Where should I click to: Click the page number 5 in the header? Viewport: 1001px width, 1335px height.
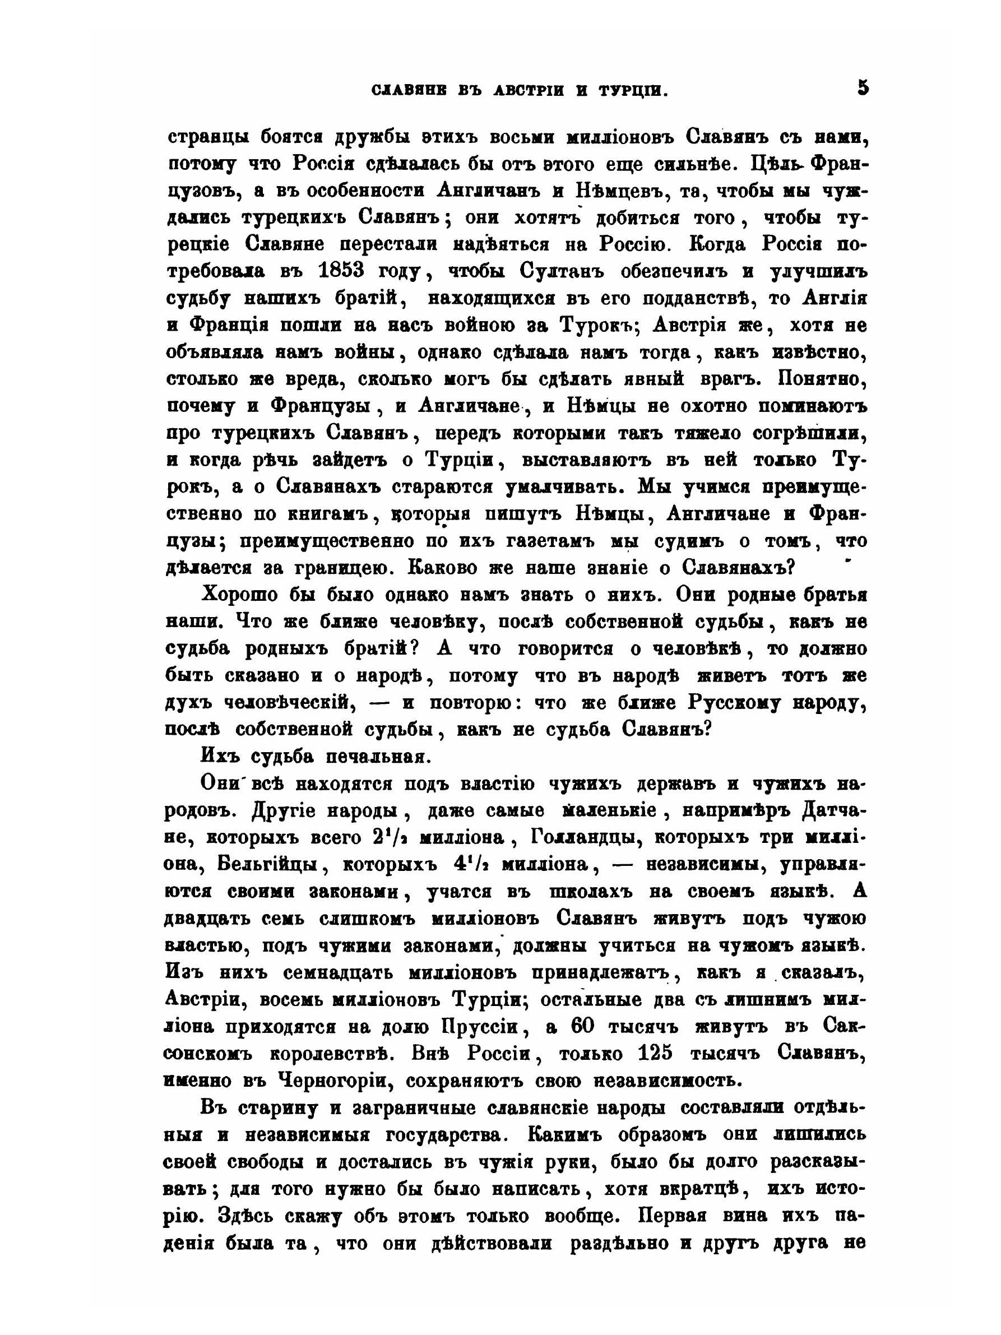(x=862, y=88)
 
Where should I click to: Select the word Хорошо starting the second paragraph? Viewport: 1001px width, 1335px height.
(x=239, y=595)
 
